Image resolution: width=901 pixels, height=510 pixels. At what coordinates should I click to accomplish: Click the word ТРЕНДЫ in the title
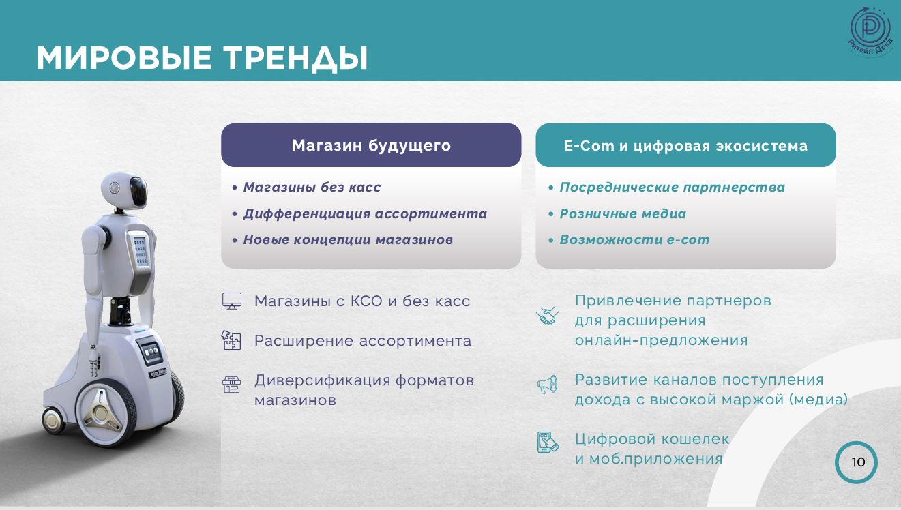pos(295,59)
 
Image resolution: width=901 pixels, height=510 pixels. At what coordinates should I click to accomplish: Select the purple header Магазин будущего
pos(371,145)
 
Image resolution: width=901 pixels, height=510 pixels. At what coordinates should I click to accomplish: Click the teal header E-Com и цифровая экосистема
pos(685,145)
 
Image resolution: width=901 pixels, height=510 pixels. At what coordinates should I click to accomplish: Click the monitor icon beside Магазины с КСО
pos(232,301)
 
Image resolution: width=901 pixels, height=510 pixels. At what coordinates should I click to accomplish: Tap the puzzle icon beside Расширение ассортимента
pos(231,340)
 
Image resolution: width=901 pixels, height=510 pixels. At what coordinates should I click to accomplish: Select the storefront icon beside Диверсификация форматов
pos(232,385)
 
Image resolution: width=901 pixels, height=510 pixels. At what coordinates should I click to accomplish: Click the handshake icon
pos(548,316)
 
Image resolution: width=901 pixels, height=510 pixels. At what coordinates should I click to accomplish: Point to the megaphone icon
pos(548,385)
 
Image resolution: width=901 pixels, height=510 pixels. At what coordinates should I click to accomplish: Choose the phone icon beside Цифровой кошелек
pos(548,442)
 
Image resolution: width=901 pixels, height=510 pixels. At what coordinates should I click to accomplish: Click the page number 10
pos(858,462)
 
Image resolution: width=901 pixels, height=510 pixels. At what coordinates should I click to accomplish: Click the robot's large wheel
pos(106,412)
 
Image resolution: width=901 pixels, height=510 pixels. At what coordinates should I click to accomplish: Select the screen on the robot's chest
pos(141,250)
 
